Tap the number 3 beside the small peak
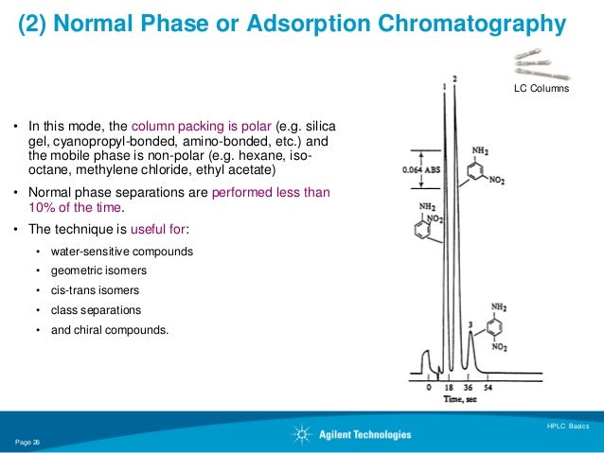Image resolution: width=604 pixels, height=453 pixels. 471,325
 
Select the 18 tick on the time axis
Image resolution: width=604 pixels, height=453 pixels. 448,388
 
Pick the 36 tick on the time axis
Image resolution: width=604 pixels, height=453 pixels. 467,388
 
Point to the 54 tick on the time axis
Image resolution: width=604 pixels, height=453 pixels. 489,388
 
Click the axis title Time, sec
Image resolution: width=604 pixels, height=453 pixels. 457,399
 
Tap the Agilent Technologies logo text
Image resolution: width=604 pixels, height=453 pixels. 370,434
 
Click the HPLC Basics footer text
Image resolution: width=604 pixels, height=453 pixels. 567,426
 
